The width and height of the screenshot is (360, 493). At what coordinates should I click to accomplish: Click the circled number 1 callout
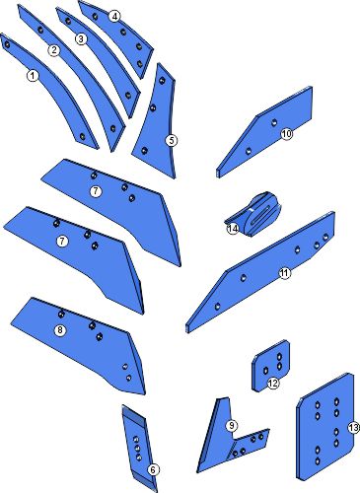pyautogui.click(x=33, y=76)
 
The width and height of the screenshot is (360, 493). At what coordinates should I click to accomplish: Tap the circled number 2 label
pyautogui.click(x=54, y=50)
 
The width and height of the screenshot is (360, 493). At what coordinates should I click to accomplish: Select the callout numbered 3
pyautogui.click(x=81, y=39)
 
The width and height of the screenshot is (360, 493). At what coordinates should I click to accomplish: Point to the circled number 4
pyautogui.click(x=114, y=17)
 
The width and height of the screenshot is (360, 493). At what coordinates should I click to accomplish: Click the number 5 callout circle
pyautogui.click(x=171, y=141)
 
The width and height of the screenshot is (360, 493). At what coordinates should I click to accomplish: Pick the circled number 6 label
pyautogui.click(x=153, y=469)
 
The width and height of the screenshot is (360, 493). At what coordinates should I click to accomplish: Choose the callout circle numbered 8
pyautogui.click(x=60, y=330)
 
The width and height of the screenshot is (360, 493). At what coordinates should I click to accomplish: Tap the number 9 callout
pyautogui.click(x=232, y=426)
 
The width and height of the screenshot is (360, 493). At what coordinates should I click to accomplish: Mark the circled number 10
pyautogui.click(x=286, y=134)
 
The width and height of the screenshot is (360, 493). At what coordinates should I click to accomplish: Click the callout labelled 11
pyautogui.click(x=285, y=273)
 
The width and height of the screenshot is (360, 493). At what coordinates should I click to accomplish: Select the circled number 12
pyautogui.click(x=273, y=383)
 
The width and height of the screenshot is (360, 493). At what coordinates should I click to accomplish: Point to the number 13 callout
pyautogui.click(x=353, y=428)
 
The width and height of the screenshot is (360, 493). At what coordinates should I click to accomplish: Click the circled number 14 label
pyautogui.click(x=233, y=229)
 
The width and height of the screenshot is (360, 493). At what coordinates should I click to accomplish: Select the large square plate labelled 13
pyautogui.click(x=324, y=426)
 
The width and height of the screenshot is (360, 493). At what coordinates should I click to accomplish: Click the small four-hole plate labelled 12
pyautogui.click(x=270, y=366)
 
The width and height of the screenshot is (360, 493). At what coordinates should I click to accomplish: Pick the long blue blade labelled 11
pyautogui.click(x=259, y=273)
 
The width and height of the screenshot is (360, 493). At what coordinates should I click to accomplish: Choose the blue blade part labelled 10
pyautogui.click(x=264, y=131)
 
